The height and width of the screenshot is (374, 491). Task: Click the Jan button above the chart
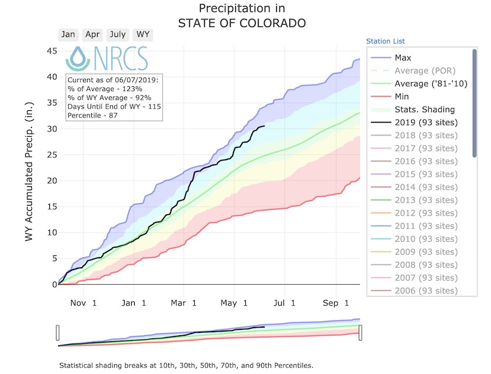68,34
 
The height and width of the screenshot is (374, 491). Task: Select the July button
118,34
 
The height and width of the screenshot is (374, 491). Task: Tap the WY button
143,34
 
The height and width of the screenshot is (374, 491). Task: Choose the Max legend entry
403,58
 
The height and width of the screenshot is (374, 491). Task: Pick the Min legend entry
402,96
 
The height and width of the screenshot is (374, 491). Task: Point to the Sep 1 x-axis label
338,302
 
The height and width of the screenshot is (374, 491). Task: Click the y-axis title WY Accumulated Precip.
28,174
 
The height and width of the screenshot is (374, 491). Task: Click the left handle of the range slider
58,332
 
